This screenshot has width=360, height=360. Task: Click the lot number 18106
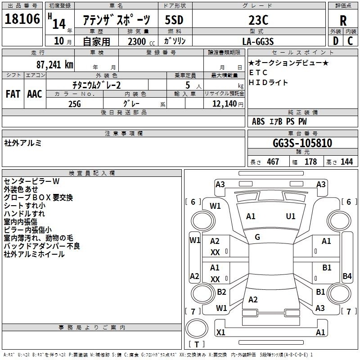[x=22, y=19]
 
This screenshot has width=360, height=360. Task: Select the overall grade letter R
[x=343, y=20]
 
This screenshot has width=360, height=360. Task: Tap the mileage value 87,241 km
[x=54, y=64]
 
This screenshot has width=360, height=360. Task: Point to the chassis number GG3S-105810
[x=302, y=143]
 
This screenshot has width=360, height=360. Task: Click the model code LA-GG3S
[x=258, y=41]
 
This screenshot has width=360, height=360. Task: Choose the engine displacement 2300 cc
[x=141, y=41]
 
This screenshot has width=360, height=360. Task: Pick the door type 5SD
[x=174, y=20]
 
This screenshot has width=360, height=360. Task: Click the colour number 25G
[x=75, y=104]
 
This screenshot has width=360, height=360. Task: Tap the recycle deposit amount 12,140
[x=225, y=103]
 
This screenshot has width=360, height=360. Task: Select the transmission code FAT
[x=13, y=94]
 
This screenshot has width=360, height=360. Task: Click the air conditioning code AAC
[x=35, y=94]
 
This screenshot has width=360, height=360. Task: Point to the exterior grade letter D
[x=336, y=41]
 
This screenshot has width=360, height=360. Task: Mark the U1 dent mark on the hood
[x=291, y=216]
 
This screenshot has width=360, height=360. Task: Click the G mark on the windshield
[x=257, y=237]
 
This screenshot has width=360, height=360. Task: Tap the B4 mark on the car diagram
[x=347, y=276]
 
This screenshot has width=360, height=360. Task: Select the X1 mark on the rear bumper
[x=221, y=332]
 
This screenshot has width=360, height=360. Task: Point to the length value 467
[x=273, y=162]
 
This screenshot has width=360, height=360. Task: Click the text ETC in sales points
[x=258, y=72]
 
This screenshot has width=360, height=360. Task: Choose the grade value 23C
[x=258, y=20]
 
